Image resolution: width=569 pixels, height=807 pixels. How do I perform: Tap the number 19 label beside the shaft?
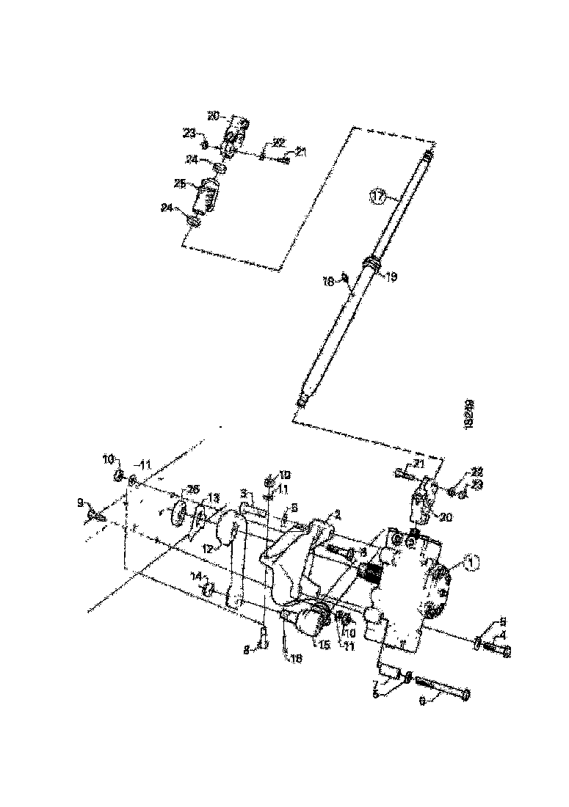click(392, 277)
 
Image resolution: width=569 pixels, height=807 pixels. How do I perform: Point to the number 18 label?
click(328, 281)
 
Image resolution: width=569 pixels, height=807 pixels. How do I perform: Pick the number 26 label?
click(192, 490)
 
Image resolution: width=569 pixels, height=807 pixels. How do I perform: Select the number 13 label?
click(213, 498)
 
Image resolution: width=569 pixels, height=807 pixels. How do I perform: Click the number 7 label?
click(375, 684)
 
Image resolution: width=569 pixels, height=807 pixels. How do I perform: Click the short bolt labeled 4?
click(496, 649)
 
